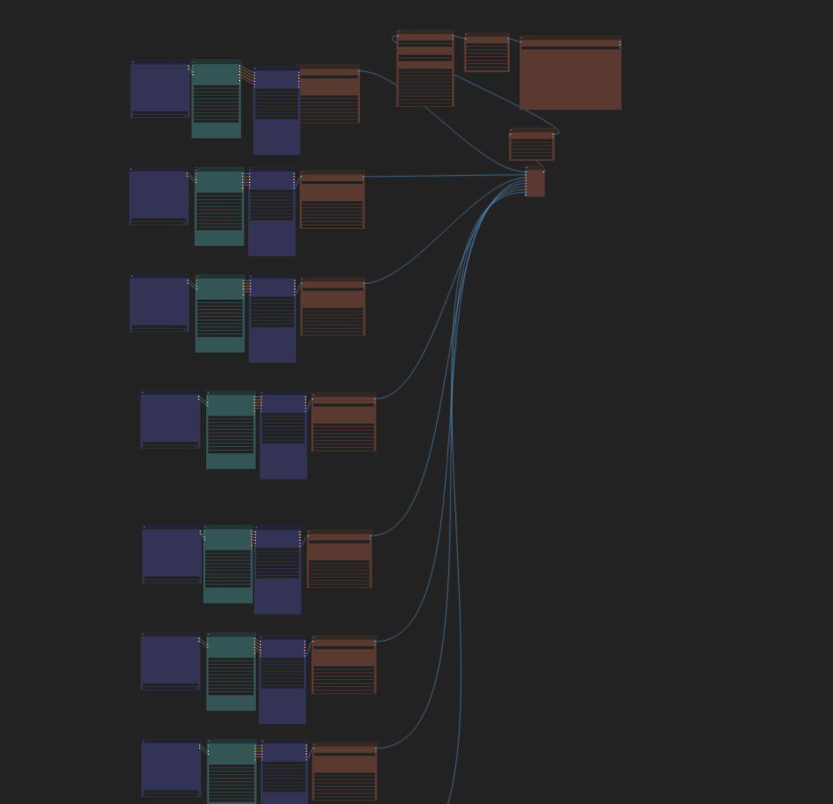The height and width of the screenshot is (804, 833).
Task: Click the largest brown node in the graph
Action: point(570,77)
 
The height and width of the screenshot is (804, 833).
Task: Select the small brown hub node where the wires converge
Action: point(535,183)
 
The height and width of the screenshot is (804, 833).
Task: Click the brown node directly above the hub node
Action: point(531,146)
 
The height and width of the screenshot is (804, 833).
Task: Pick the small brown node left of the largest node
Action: point(487,53)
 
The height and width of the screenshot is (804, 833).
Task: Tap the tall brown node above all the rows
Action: point(425,69)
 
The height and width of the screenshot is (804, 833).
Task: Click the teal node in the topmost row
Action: point(216,100)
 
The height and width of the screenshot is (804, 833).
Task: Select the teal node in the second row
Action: point(219,207)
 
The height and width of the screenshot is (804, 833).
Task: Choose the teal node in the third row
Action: point(220,315)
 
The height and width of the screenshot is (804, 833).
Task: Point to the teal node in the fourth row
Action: point(231,431)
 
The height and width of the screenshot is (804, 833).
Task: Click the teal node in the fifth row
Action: point(228,565)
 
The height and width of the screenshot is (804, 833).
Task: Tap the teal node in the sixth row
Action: point(231,673)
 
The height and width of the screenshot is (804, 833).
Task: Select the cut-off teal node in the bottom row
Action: point(231,773)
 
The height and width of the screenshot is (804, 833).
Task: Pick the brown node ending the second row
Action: point(332,200)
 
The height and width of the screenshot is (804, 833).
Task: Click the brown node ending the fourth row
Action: point(343,423)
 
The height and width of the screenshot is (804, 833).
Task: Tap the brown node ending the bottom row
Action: point(344,772)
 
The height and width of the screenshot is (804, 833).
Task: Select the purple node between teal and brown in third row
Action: point(272,321)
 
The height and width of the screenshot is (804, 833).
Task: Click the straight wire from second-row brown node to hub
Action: point(443,176)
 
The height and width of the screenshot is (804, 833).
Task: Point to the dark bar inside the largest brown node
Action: point(570,47)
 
